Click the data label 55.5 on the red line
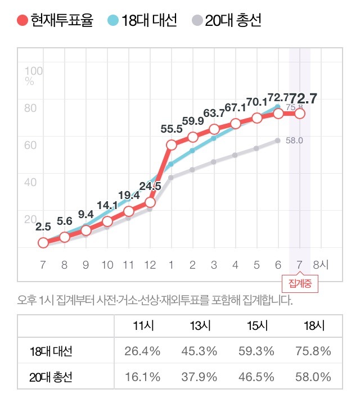coord(171,129)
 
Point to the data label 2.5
coord(43,227)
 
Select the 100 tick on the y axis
coord(34,71)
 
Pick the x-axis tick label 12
coord(150,265)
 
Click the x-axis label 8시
coord(323,265)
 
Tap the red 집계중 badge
coord(300,284)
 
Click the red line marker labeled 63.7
coord(214,129)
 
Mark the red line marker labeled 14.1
coord(107,221)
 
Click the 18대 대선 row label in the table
coord(51,352)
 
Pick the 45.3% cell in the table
coord(199,352)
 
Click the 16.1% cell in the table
coord(142,377)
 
